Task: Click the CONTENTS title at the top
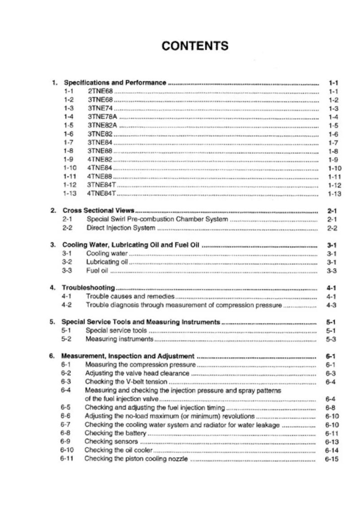195,46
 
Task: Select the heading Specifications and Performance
115,82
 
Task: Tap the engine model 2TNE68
100,91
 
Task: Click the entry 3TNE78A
102,117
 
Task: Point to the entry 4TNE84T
102,193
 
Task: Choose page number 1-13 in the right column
334,193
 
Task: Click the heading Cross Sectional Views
99,210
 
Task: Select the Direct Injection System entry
121,228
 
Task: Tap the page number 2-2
332,228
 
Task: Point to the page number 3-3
332,270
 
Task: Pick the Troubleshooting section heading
88,287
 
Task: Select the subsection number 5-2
66,339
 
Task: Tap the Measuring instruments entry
119,339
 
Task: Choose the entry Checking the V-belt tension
126,382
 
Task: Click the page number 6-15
332,459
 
